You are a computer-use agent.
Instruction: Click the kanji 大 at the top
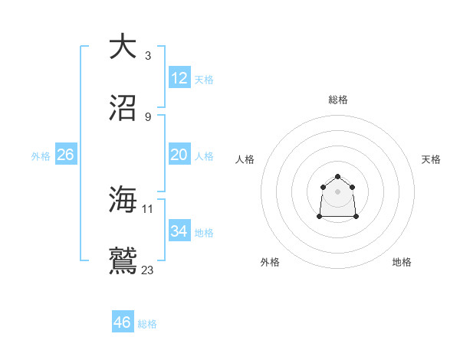pos(123,47)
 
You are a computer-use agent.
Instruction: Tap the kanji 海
pos(123,200)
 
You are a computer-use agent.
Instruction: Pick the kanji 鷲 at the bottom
pos(123,261)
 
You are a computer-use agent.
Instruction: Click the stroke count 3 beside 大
pos(147,55)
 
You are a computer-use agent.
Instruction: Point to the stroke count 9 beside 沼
pos(147,116)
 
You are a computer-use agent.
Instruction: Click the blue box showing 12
pos(179,78)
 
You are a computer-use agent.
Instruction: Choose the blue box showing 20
pos(179,155)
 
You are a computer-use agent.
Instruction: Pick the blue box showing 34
pos(179,231)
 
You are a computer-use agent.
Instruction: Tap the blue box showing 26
pos(65,155)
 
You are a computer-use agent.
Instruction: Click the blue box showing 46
pos(123,322)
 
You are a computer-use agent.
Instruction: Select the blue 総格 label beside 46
pos(147,324)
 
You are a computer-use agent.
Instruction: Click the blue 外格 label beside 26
pos(41,156)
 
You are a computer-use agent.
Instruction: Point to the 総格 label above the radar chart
pos(338,100)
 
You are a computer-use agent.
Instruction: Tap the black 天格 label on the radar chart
pos(431,159)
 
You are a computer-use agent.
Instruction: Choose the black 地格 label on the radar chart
pos(402,263)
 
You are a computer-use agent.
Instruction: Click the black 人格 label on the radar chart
pos(245,159)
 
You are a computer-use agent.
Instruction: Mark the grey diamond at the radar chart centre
pos(338,191)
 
